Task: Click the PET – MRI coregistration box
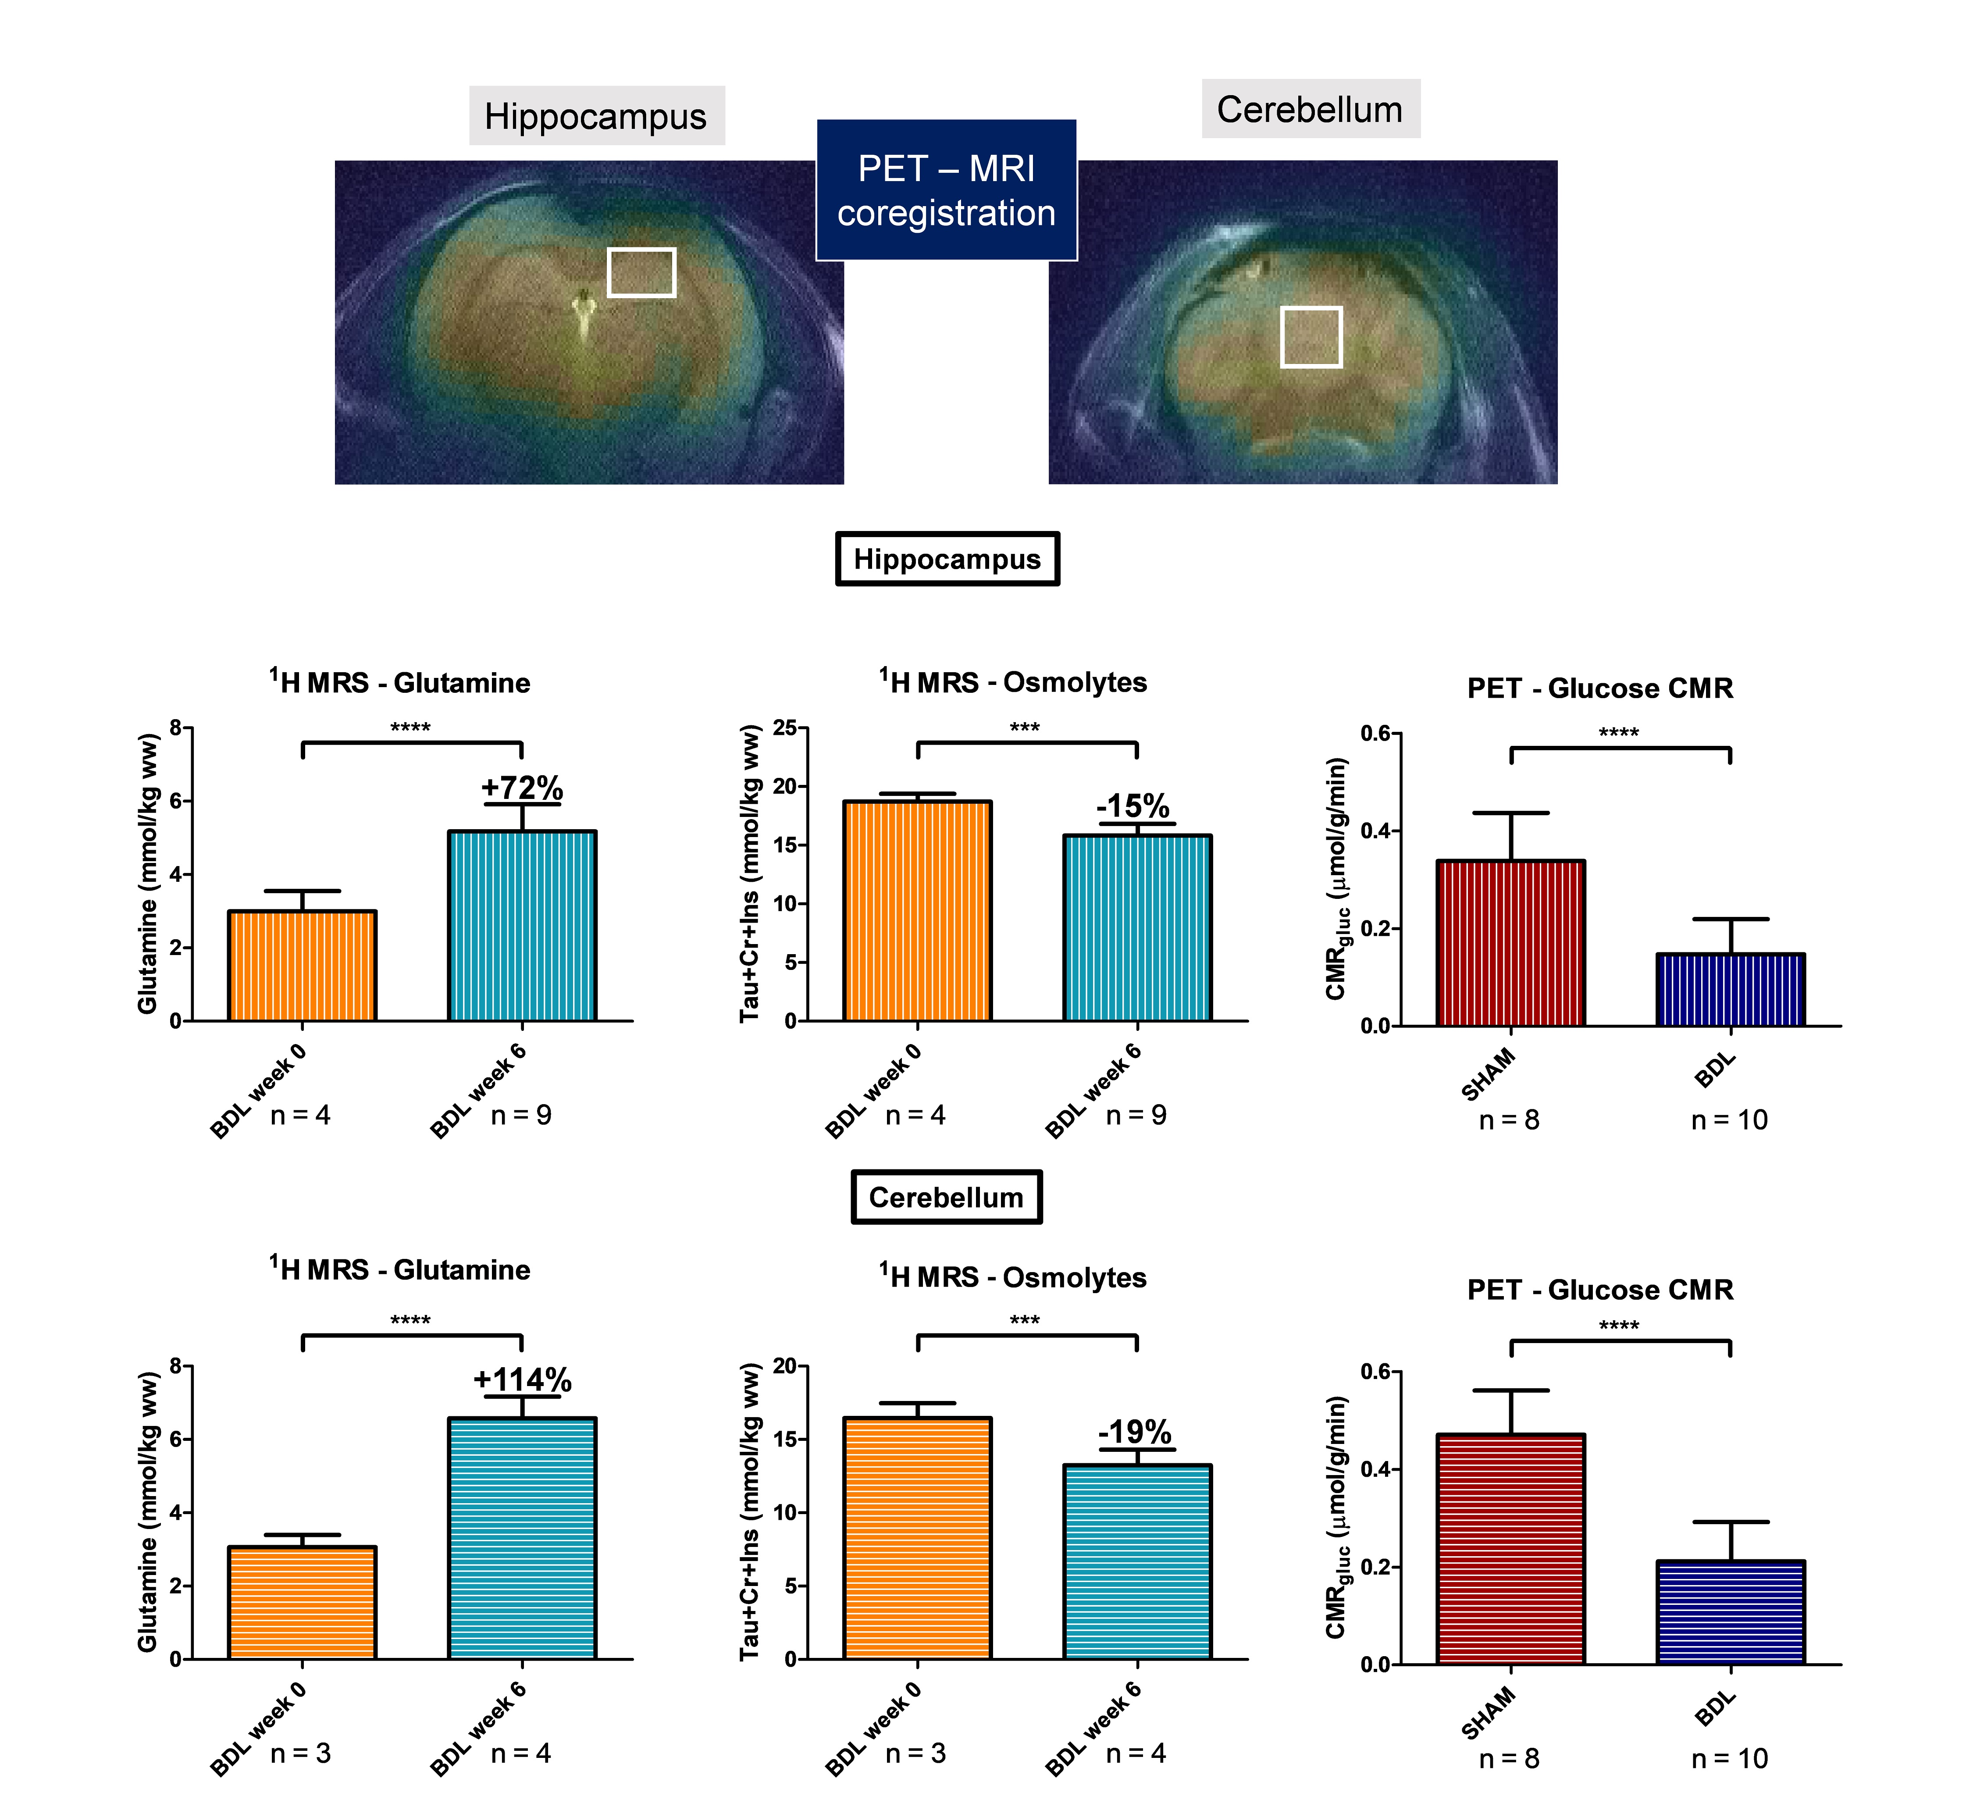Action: [946, 190]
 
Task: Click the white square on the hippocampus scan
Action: [641, 272]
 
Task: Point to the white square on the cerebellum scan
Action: [1311, 337]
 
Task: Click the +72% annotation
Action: [522, 787]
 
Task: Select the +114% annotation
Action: [522, 1379]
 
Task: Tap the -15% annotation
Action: [1133, 805]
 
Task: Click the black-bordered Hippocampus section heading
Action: [946, 559]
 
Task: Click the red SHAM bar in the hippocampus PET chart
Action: [1510, 943]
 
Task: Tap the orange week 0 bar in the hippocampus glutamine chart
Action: [302, 966]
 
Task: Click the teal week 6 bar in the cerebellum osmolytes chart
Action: [1137, 1561]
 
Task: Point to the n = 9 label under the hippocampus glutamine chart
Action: [521, 1115]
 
